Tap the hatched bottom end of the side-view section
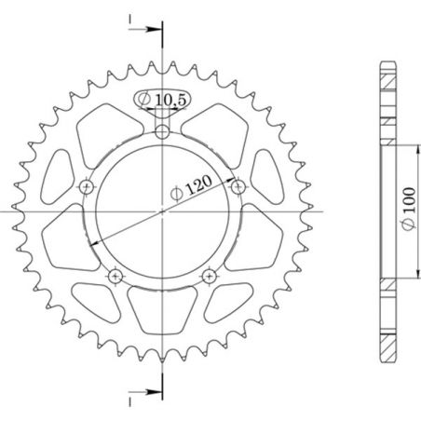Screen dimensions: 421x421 (387, 340)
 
